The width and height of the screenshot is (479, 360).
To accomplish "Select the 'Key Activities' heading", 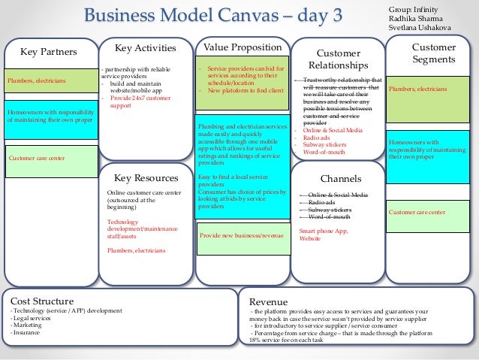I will (145, 47).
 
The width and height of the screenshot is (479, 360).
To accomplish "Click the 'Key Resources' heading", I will (146, 178).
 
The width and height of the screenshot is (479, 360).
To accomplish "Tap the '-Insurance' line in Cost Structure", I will (26, 331).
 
